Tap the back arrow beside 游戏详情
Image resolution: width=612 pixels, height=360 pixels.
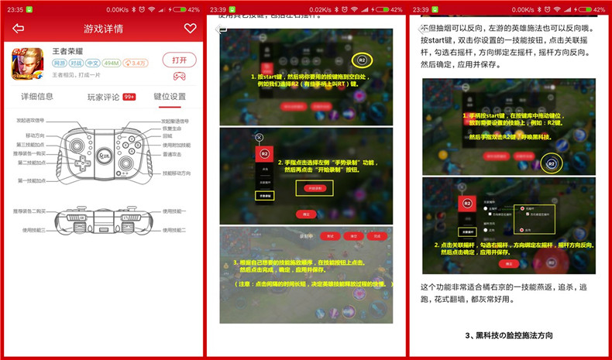point(18,29)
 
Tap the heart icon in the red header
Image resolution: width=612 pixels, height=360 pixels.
point(190,29)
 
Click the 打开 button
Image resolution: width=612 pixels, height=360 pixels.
point(179,60)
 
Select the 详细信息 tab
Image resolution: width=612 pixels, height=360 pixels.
point(37,97)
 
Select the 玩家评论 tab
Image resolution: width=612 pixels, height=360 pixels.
point(103,97)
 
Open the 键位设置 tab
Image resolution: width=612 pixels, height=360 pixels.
point(170,97)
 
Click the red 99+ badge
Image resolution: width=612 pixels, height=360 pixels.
point(129,97)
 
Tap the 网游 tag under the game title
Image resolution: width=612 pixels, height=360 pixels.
point(60,63)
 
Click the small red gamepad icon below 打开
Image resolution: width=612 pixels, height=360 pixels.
point(179,77)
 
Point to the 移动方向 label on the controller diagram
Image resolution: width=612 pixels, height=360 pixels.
point(31,134)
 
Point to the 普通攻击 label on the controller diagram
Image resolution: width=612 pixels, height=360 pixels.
point(173,154)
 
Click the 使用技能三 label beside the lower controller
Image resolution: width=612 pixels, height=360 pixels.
point(32,230)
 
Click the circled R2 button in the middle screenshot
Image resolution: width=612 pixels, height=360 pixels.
point(362,60)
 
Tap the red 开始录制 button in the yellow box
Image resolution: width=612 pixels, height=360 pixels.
point(314,188)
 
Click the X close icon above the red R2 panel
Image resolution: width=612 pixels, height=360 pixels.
point(260,137)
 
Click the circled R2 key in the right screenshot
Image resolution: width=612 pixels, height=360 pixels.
point(551,163)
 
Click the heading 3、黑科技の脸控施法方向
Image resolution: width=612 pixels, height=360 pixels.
point(509,335)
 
